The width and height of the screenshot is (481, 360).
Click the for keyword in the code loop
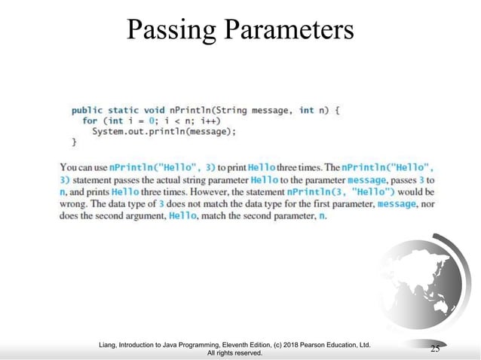point(89,121)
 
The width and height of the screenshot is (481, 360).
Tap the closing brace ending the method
point(74,142)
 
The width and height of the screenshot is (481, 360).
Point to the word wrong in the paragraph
point(74,204)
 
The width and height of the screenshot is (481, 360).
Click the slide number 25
point(434,347)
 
